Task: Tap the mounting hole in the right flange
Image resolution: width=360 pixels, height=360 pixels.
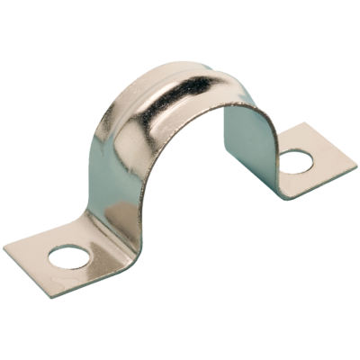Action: coord(293,162)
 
